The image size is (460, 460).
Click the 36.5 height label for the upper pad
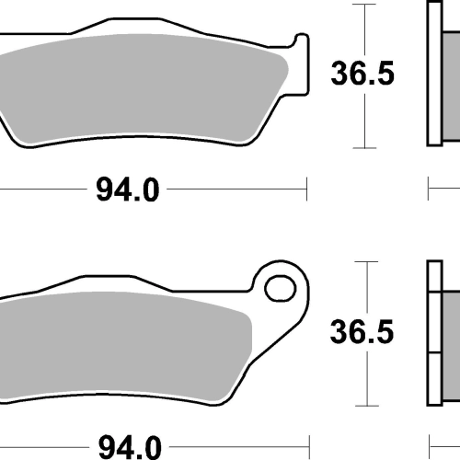(x=362, y=74)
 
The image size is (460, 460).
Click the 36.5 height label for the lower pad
(x=362, y=331)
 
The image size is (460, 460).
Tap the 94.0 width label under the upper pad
(x=128, y=190)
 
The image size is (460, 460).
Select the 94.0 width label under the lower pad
(x=130, y=447)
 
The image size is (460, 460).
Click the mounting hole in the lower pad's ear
(x=281, y=289)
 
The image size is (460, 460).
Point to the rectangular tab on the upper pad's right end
(x=302, y=64)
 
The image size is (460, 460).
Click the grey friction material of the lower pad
(x=122, y=347)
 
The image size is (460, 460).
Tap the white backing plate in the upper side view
(x=435, y=74)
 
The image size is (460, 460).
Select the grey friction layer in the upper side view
(x=452, y=86)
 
